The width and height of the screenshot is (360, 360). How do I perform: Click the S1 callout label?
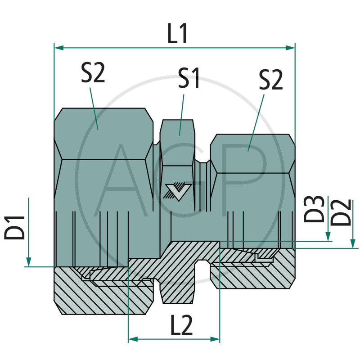(x=189, y=78)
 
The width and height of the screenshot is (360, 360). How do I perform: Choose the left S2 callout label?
(x=93, y=73)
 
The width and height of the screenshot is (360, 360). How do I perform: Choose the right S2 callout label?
(x=270, y=80)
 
